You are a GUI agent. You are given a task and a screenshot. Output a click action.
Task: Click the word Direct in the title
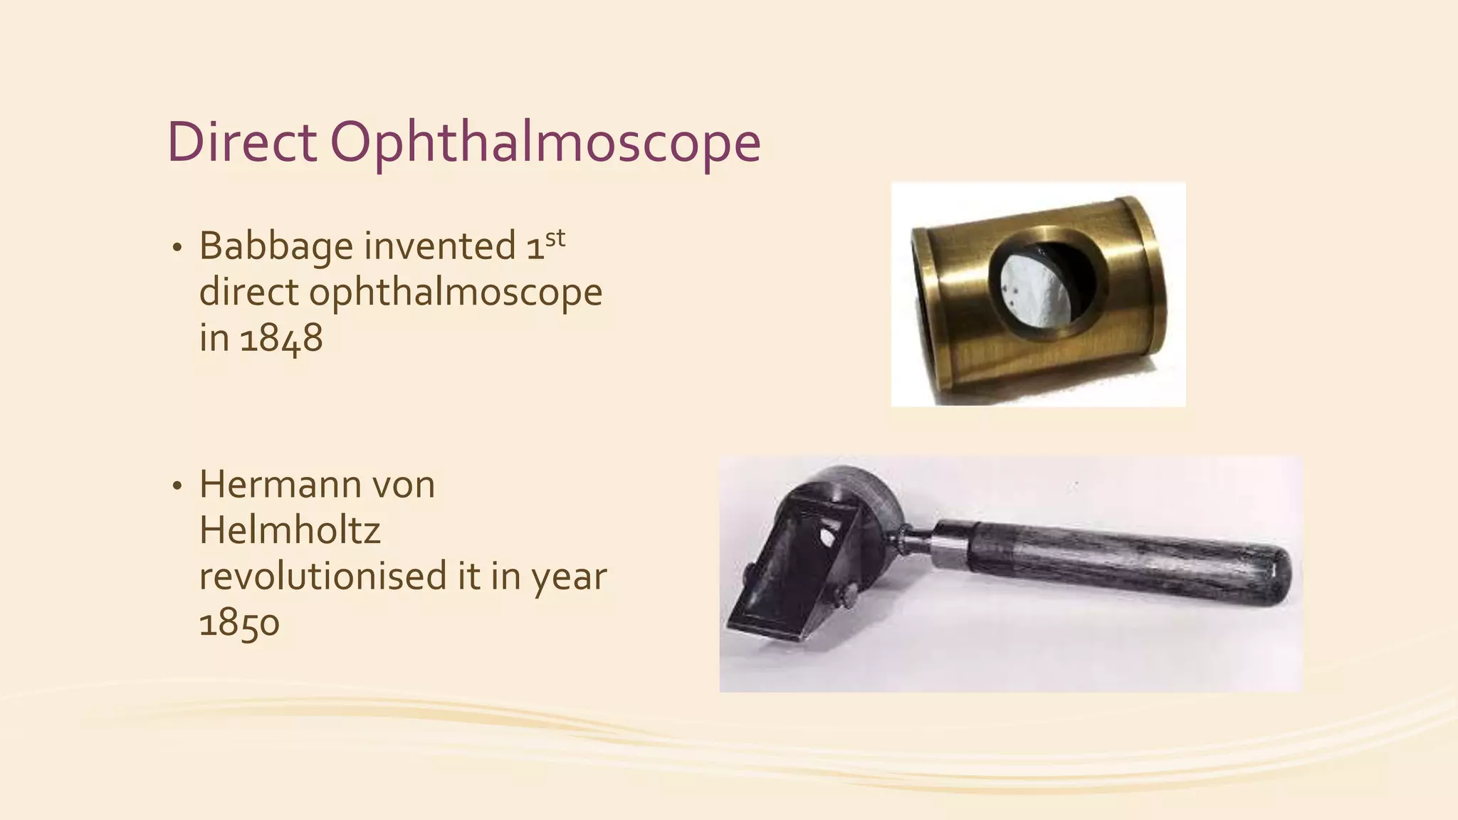click(x=241, y=142)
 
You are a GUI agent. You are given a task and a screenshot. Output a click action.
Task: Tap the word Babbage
click(x=276, y=247)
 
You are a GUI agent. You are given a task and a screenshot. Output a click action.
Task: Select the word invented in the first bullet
click(x=440, y=246)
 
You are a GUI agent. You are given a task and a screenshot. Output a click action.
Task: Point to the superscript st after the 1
click(x=555, y=238)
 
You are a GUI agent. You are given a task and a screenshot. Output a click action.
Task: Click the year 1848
click(x=281, y=338)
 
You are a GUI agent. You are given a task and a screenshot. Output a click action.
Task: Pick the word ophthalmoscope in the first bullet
click(x=455, y=293)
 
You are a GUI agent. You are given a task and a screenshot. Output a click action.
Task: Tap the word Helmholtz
click(x=290, y=530)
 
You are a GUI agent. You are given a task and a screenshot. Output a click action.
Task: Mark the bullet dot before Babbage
click(x=177, y=248)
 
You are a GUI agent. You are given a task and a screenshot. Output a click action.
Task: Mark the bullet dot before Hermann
click(x=177, y=486)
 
